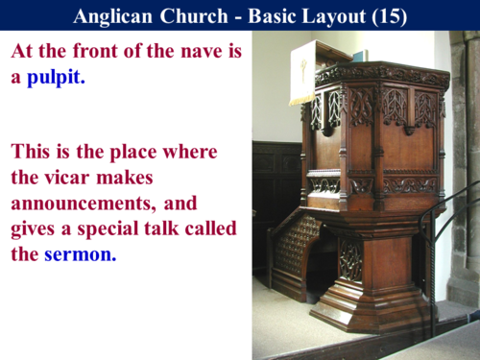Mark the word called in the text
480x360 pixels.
point(207,228)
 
